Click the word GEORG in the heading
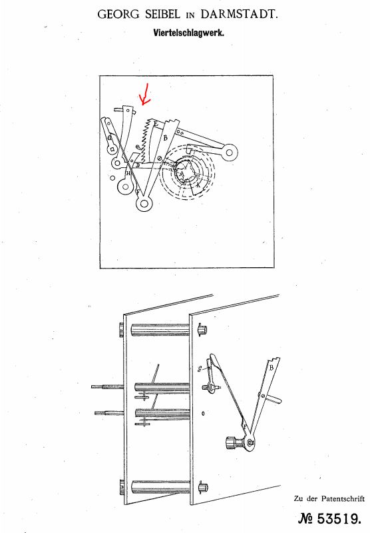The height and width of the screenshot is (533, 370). [118, 14]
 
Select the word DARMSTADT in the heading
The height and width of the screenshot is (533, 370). [240, 14]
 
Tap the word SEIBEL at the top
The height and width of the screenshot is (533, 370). [162, 14]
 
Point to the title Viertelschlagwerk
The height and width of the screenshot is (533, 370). [189, 33]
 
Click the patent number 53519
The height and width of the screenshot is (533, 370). [339, 519]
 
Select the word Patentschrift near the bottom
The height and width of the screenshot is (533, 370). [343, 498]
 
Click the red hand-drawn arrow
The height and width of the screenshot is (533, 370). [146, 94]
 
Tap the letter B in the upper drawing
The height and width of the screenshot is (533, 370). [166, 138]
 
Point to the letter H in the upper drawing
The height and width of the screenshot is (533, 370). [128, 173]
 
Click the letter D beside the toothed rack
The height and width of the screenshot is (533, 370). [138, 165]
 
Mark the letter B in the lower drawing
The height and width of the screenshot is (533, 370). [272, 368]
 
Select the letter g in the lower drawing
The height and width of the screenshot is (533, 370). [200, 369]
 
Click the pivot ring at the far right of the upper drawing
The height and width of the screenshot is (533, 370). [230, 153]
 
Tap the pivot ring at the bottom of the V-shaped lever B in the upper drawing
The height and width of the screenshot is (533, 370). [144, 204]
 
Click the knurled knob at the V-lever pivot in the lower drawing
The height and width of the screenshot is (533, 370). [231, 443]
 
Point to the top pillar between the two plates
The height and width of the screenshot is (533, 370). [160, 330]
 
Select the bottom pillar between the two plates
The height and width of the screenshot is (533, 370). [160, 486]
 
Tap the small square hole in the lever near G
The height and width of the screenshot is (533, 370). [112, 149]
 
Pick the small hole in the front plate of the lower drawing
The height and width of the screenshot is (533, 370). [203, 413]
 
